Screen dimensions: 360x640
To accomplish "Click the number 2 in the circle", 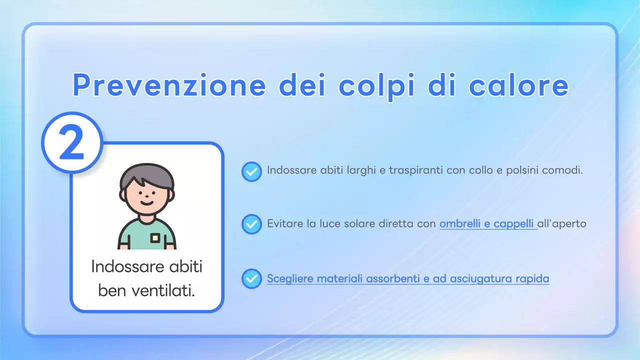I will [x=72, y=143].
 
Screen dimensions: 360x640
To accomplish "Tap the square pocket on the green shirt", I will [x=155, y=238].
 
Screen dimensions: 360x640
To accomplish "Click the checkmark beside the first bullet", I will [x=251, y=171].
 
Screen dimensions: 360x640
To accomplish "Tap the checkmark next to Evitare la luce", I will [x=251, y=224].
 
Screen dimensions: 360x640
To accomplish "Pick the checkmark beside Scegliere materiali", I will [x=251, y=278].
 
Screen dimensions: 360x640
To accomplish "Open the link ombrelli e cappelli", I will [x=487, y=223].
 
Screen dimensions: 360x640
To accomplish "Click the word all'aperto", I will [x=562, y=223].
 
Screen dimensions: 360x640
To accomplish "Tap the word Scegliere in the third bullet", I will [x=288, y=278].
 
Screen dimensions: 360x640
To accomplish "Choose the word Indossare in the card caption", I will [x=119, y=266].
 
